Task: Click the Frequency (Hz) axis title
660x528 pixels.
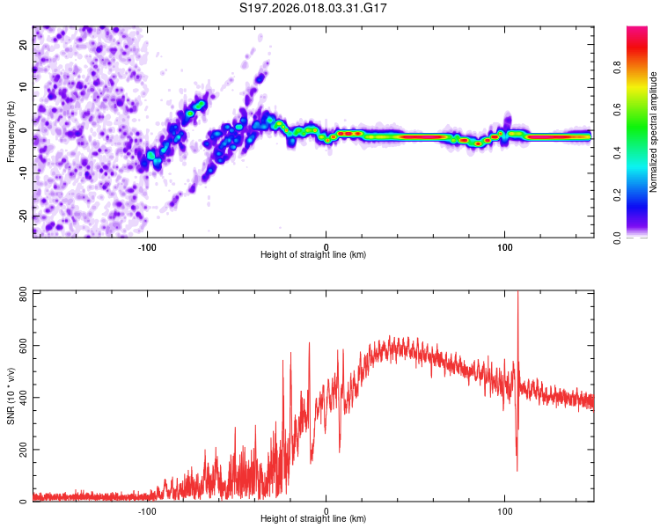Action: (x=10, y=130)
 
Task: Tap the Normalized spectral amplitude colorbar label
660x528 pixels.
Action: (x=654, y=132)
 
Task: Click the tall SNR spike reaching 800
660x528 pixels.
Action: (x=517, y=295)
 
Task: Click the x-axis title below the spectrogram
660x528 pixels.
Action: (x=313, y=254)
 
